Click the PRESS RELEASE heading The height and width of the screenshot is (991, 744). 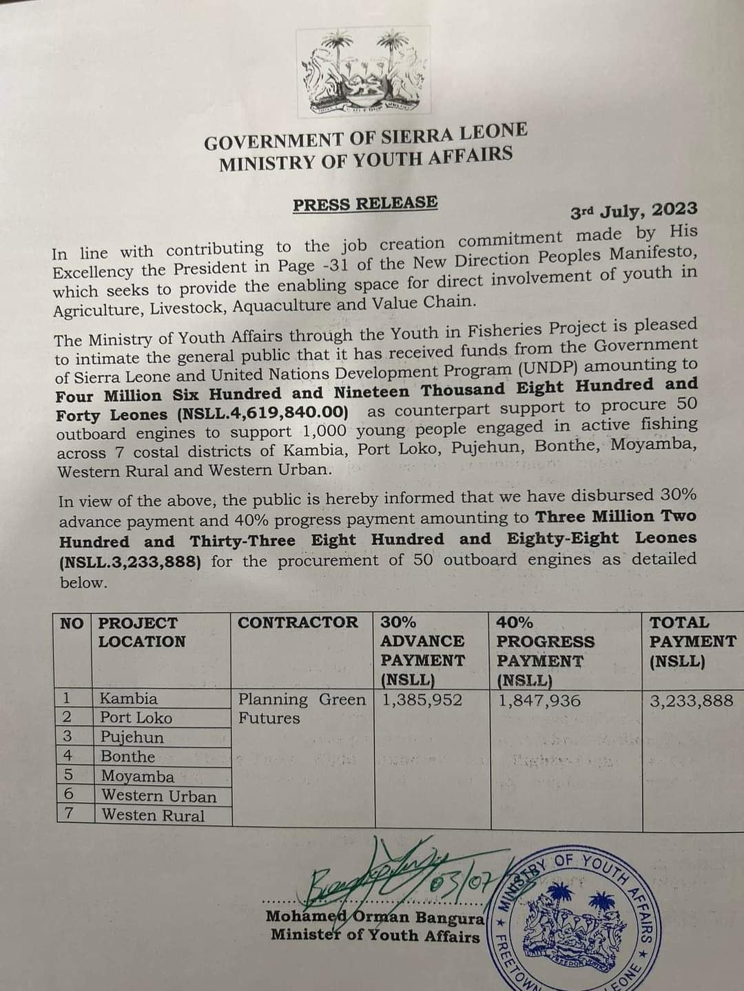point(365,204)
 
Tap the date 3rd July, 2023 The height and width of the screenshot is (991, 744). point(634,210)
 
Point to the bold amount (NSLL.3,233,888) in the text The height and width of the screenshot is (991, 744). point(130,562)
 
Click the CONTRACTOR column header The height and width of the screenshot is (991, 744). point(298,623)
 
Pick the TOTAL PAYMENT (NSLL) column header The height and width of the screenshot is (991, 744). point(692,641)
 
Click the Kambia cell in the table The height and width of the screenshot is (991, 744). point(129,699)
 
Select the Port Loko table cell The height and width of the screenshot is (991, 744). point(136,718)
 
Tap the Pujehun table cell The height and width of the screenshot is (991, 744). point(132,737)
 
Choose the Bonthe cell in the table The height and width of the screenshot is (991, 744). point(128,757)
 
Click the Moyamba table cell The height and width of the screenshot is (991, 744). point(138,776)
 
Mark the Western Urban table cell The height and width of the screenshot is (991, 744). point(159,796)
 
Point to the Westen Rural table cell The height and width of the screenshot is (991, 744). point(153,816)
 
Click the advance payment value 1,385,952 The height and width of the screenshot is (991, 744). point(422,701)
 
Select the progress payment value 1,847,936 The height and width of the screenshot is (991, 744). point(539,701)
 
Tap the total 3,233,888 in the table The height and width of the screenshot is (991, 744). point(692,701)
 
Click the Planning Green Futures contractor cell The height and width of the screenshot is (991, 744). point(302,709)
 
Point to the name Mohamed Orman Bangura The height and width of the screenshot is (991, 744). point(376,917)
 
